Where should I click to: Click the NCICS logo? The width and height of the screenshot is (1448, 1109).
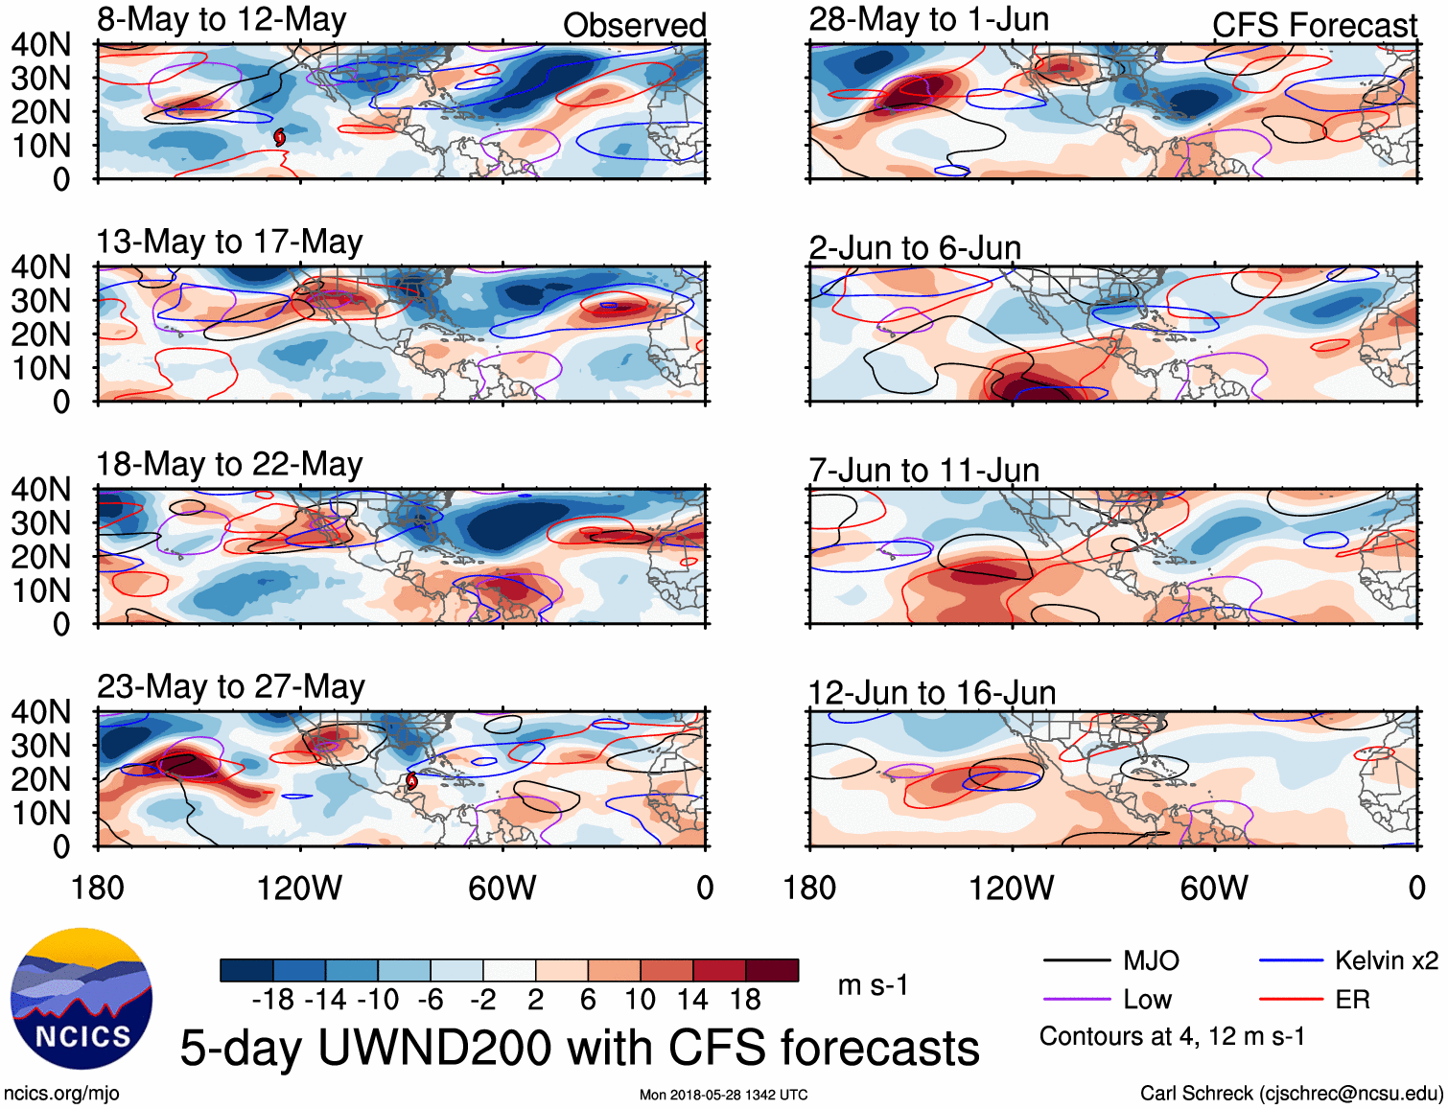82,998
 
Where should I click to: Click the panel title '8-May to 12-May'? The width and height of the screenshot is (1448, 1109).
222,20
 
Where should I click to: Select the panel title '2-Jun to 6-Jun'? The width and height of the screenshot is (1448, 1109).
914,248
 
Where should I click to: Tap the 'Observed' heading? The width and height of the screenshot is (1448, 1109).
634,26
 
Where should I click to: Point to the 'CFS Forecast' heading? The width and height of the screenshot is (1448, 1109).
1314,26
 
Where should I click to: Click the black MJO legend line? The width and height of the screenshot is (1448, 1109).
1076,960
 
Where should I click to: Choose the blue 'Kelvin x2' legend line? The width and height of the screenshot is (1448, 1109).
1291,960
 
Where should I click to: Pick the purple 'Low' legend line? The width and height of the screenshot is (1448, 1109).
1076,1000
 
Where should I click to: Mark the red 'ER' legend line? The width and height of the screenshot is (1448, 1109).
1291,1000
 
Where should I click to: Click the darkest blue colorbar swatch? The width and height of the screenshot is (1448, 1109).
246,970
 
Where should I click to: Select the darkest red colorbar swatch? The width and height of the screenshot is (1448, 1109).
772,970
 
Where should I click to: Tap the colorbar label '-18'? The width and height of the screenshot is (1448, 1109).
272,1000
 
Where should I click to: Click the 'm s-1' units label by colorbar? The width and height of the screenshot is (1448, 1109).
872,985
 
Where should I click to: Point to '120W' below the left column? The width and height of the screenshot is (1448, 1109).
299,888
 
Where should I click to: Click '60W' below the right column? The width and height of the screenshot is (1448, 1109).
1214,888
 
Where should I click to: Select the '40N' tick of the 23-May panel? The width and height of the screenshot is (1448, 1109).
40,712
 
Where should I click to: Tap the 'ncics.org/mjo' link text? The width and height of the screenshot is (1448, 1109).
61,1094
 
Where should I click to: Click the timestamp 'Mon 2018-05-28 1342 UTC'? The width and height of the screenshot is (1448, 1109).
723,1095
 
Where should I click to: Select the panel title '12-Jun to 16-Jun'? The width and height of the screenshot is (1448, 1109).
931,693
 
